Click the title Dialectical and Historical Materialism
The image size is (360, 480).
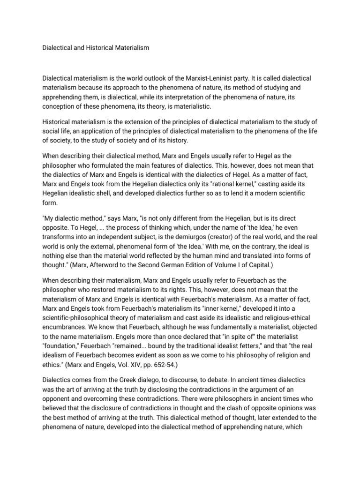(x=96, y=48)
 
